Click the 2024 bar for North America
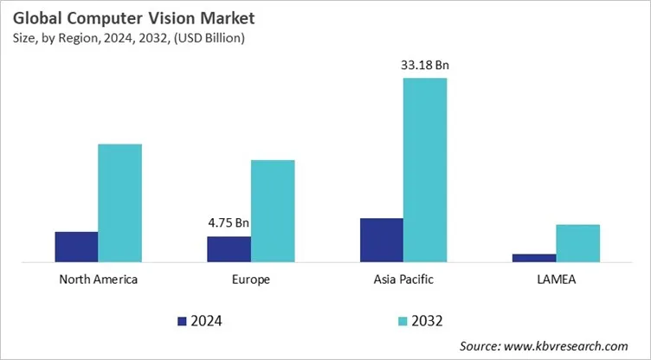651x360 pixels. pyautogui.click(x=76, y=247)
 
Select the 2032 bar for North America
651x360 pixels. pyautogui.click(x=119, y=202)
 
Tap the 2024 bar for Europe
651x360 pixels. pyautogui.click(x=229, y=248)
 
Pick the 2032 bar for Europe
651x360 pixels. pyautogui.click(x=273, y=210)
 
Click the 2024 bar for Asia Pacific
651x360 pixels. pyautogui.click(x=381, y=240)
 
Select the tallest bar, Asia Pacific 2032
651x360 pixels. pyautogui.click(x=425, y=170)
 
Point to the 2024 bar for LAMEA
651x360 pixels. pyautogui.click(x=533, y=257)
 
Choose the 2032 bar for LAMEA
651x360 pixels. pyautogui.click(x=577, y=242)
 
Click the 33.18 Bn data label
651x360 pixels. pyautogui.click(x=425, y=65)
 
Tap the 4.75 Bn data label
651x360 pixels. pyautogui.click(x=229, y=222)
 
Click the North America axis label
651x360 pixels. pyautogui.click(x=98, y=280)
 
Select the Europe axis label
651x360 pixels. pyautogui.click(x=251, y=280)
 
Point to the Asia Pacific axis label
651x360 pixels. pyautogui.click(x=403, y=280)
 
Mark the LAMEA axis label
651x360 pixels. pyautogui.click(x=556, y=280)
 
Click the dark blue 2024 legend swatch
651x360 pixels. pyautogui.click(x=182, y=321)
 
